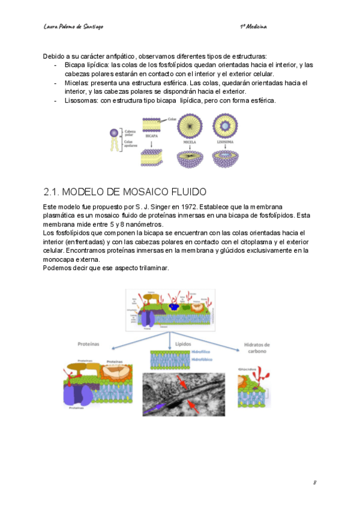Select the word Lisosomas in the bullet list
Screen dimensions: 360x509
(x=81, y=100)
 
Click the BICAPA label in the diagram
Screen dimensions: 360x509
(x=152, y=136)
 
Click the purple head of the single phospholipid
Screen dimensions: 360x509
(x=115, y=132)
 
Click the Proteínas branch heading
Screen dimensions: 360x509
(x=89, y=345)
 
